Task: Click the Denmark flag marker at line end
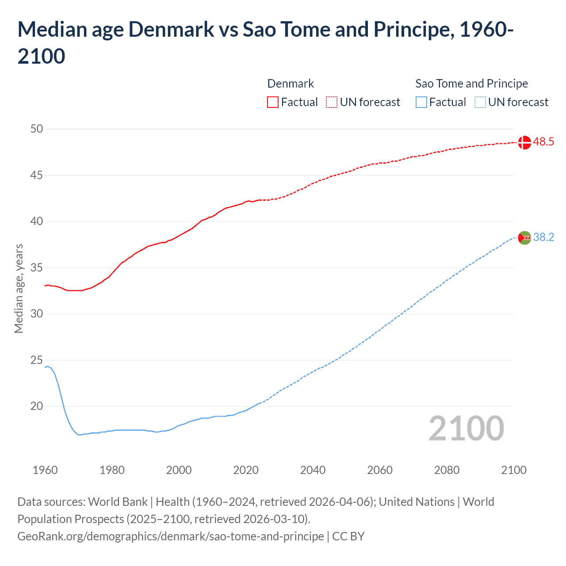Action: (524, 142)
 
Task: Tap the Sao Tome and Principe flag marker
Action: (524, 238)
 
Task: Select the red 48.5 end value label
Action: (543, 142)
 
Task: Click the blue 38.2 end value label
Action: (543, 237)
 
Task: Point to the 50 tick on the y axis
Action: (37, 129)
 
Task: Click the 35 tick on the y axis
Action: (37, 268)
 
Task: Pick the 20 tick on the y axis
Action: (37, 406)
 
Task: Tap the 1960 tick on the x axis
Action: (45, 470)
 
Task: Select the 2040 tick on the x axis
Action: (313, 470)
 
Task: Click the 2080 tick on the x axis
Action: (447, 470)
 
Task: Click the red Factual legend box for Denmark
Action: (273, 102)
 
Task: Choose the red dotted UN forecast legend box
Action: (332, 102)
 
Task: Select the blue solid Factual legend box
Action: (421, 102)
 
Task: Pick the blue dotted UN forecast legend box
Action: (480, 102)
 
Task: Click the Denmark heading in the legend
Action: (291, 84)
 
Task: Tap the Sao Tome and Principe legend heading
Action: (471, 84)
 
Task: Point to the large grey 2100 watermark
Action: (466, 428)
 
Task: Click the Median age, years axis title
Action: (19, 288)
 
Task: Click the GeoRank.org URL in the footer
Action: (170, 536)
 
